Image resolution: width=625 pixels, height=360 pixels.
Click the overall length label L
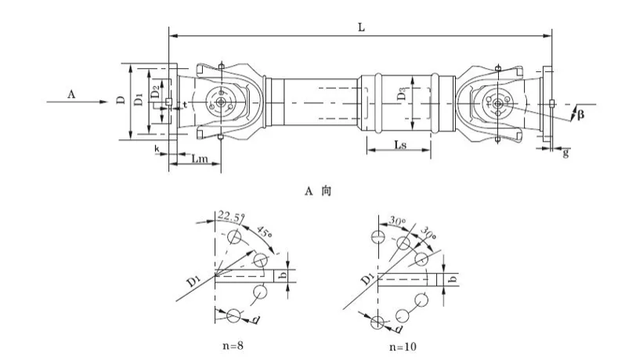coord(361,27)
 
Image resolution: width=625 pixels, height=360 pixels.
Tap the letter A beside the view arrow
coord(71,94)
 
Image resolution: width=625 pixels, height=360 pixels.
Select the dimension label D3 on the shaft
coord(403,94)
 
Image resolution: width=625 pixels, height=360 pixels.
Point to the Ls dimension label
coord(400,144)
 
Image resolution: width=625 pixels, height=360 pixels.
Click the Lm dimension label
coord(200,159)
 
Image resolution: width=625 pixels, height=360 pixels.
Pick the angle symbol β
coord(580,115)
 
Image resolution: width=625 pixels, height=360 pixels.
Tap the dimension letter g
coord(565,153)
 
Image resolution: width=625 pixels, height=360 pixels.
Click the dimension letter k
coord(157,149)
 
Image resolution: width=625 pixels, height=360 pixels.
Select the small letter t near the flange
coord(185,104)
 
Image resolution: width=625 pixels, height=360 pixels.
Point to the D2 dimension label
coord(154,92)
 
